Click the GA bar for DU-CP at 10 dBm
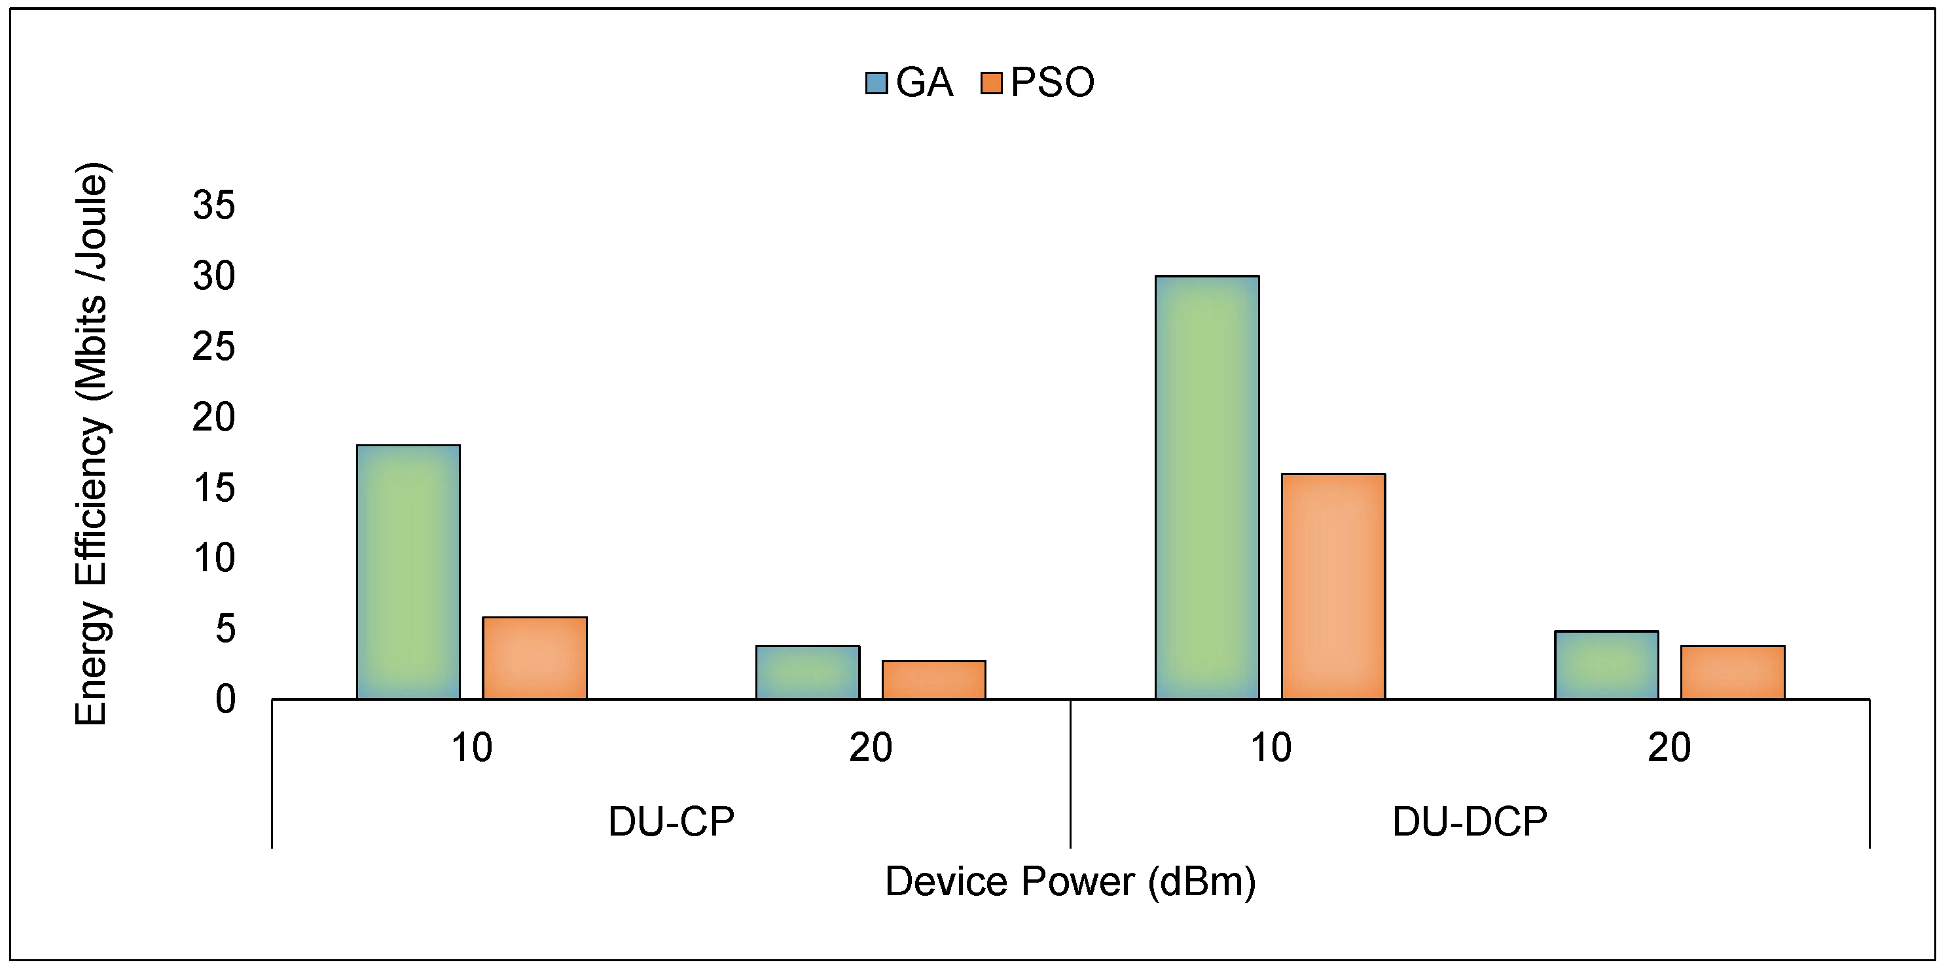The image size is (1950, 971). click(408, 571)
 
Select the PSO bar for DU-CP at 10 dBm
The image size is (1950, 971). click(534, 658)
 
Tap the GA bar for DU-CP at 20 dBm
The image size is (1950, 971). click(808, 672)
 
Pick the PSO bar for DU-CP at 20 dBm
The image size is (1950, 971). click(933, 680)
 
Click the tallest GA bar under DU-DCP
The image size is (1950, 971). click(1206, 487)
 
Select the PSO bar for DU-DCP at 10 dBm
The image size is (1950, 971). click(1333, 586)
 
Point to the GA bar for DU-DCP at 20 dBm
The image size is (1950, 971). click(1606, 665)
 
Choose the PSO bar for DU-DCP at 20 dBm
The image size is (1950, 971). click(1733, 672)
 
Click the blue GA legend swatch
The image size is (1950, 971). click(876, 83)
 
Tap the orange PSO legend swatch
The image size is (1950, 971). click(991, 83)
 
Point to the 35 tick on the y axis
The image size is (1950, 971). click(214, 205)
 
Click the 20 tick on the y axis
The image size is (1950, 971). click(214, 417)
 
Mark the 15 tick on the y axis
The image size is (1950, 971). click(214, 488)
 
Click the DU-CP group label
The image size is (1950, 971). click(671, 822)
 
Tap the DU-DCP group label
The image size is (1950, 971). click(1470, 822)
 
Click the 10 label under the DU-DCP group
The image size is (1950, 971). click(1271, 748)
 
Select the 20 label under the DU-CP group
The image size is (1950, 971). click(871, 748)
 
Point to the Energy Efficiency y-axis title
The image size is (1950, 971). click(92, 444)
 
